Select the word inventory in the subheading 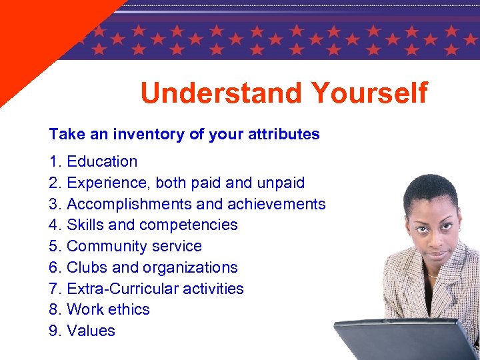[149, 134]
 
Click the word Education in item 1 [102, 161]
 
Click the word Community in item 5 [105, 246]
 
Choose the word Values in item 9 [91, 331]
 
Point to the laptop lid [400, 340]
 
